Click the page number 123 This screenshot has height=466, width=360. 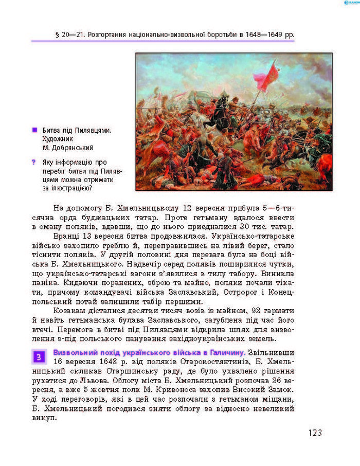click(x=315, y=433)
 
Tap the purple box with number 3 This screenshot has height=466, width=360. click(x=39, y=356)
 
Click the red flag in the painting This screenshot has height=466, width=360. click(x=266, y=78)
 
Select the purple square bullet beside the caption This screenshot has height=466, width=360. click(x=34, y=130)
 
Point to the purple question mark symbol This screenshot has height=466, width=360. click(x=34, y=163)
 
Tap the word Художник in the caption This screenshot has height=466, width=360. click(x=58, y=139)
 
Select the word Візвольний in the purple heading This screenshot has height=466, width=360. click(x=73, y=352)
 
